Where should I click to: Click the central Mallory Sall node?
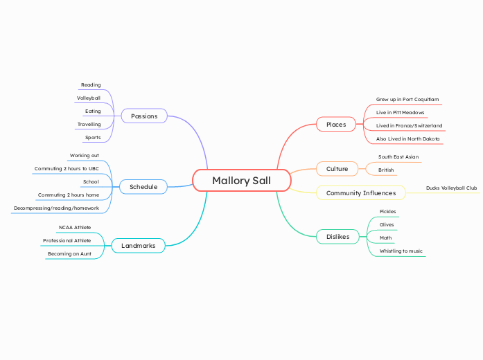(x=241, y=181)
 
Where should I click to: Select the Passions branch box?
(x=144, y=116)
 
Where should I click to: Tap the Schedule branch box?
(x=143, y=187)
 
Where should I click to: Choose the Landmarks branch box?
(x=139, y=246)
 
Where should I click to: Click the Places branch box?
(x=336, y=125)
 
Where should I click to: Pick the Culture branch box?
(x=337, y=169)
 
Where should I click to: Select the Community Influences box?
(x=361, y=192)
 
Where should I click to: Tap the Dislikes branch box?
(x=337, y=237)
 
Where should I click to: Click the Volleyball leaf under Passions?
(x=89, y=98)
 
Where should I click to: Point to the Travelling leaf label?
(x=89, y=125)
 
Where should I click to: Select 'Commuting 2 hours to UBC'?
(x=67, y=168)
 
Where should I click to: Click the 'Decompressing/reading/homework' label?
(x=56, y=208)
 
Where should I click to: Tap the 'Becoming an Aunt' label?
(x=69, y=254)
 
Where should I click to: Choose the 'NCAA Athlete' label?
(x=75, y=227)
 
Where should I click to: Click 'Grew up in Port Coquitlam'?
(x=407, y=100)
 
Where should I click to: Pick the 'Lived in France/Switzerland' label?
(x=409, y=126)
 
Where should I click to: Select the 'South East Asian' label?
(x=398, y=157)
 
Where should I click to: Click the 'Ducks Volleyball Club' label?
(x=451, y=188)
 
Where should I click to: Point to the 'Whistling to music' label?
(x=401, y=251)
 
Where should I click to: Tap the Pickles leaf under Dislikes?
(x=388, y=212)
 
